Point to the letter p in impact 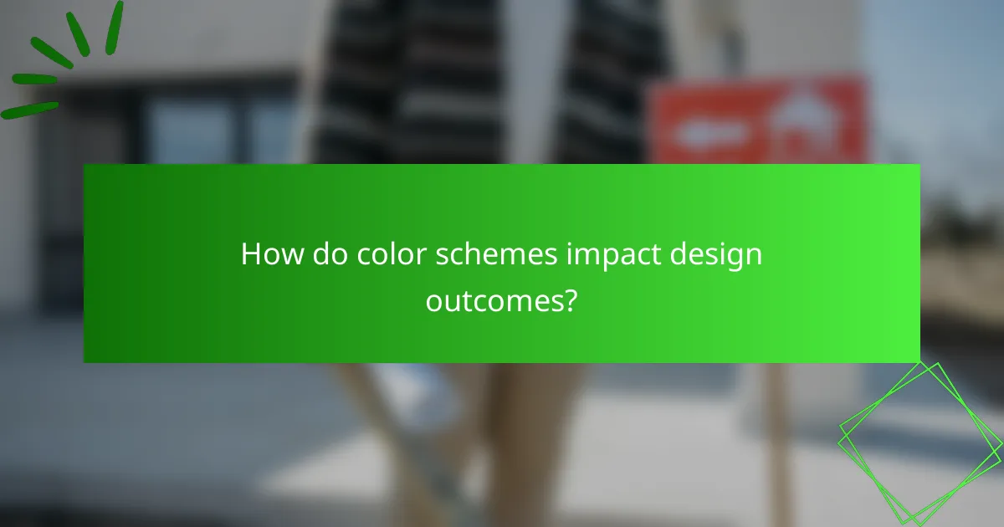click(x=601, y=258)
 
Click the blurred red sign click(x=758, y=120)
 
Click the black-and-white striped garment click(x=485, y=84)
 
